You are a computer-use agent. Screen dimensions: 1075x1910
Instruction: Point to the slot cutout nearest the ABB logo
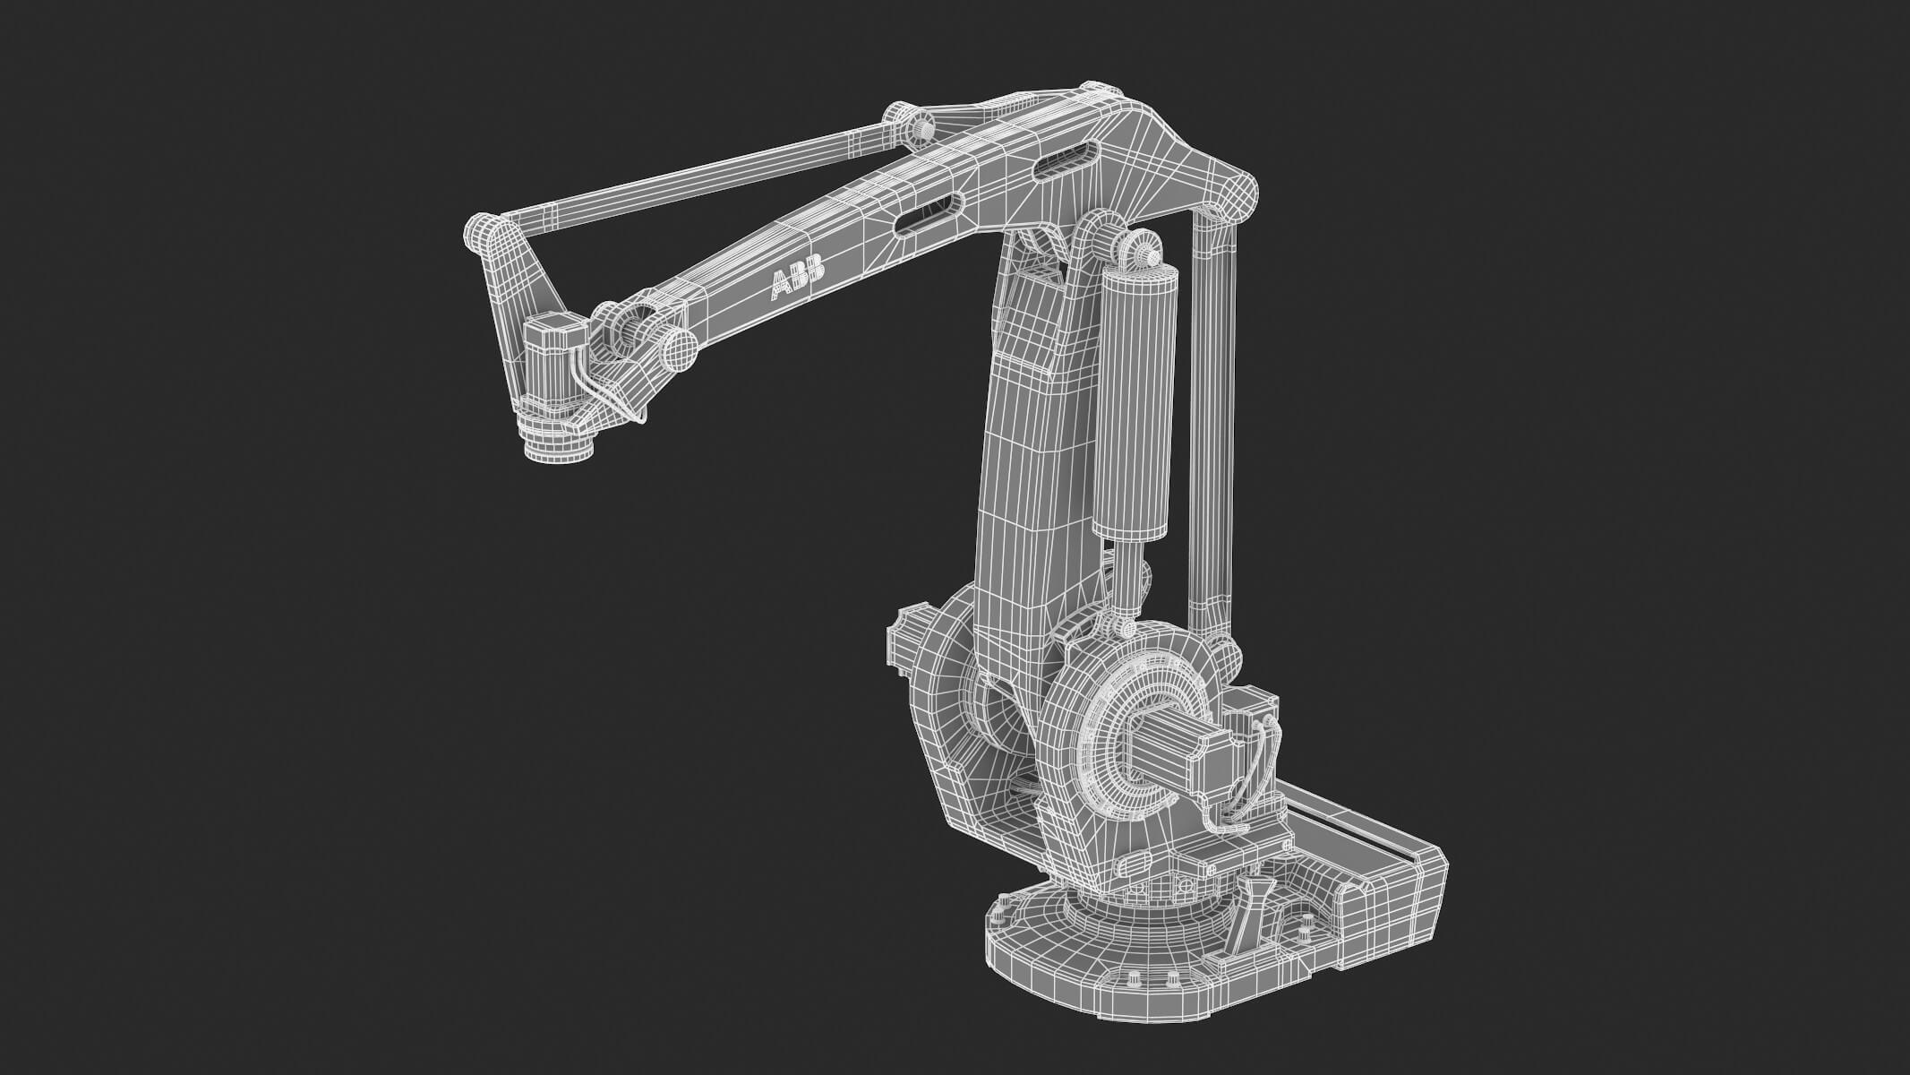coord(928,214)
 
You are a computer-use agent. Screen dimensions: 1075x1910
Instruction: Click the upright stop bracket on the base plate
coord(1249,914)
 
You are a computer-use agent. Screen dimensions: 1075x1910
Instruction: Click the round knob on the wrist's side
coord(678,348)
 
